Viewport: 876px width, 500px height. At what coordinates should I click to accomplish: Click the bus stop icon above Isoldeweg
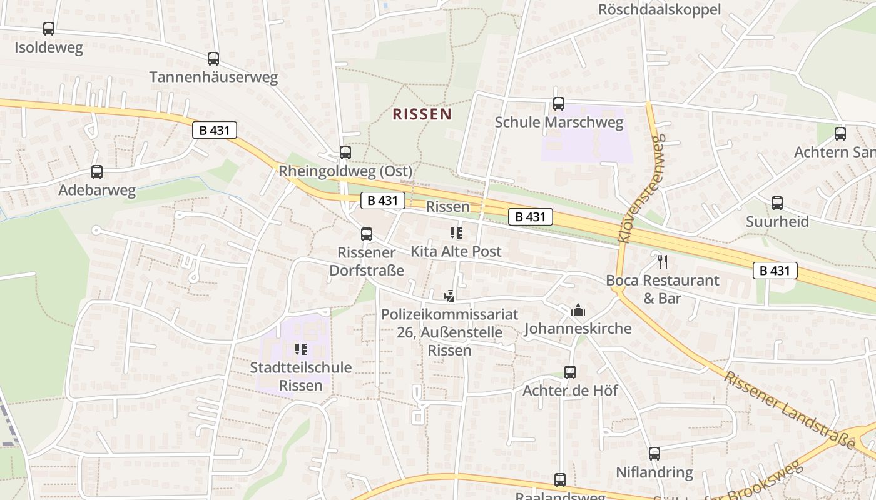point(49,29)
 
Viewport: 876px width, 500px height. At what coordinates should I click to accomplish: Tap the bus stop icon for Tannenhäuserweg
point(213,59)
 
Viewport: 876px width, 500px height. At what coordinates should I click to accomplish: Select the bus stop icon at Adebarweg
point(97,172)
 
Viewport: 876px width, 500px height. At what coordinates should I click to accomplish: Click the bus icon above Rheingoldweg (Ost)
point(345,152)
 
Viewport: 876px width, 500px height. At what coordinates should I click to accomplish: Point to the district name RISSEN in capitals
point(422,114)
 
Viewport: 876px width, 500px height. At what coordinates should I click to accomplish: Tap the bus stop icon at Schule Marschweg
point(559,104)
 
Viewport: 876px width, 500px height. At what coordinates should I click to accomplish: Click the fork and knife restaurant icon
point(663,261)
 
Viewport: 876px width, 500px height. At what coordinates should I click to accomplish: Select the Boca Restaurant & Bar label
point(663,289)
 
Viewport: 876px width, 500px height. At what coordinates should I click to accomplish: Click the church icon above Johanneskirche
point(578,310)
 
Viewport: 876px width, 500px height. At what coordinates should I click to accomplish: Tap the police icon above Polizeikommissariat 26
point(449,296)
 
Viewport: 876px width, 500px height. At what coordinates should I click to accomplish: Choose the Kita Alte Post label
point(456,251)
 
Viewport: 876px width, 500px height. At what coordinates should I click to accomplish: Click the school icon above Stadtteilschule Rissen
point(301,349)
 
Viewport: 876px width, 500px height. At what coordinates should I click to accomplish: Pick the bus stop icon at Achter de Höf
point(570,372)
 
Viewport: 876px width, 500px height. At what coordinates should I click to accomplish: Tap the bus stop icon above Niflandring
point(654,454)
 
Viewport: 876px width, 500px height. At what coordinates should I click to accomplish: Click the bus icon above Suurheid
point(777,203)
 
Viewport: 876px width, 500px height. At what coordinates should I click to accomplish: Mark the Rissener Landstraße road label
point(790,409)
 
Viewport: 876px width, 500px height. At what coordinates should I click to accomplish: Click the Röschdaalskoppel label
point(660,9)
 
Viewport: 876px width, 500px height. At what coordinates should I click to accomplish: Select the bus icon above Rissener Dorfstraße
point(367,234)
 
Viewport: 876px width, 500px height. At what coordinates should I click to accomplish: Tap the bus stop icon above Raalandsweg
point(560,480)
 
